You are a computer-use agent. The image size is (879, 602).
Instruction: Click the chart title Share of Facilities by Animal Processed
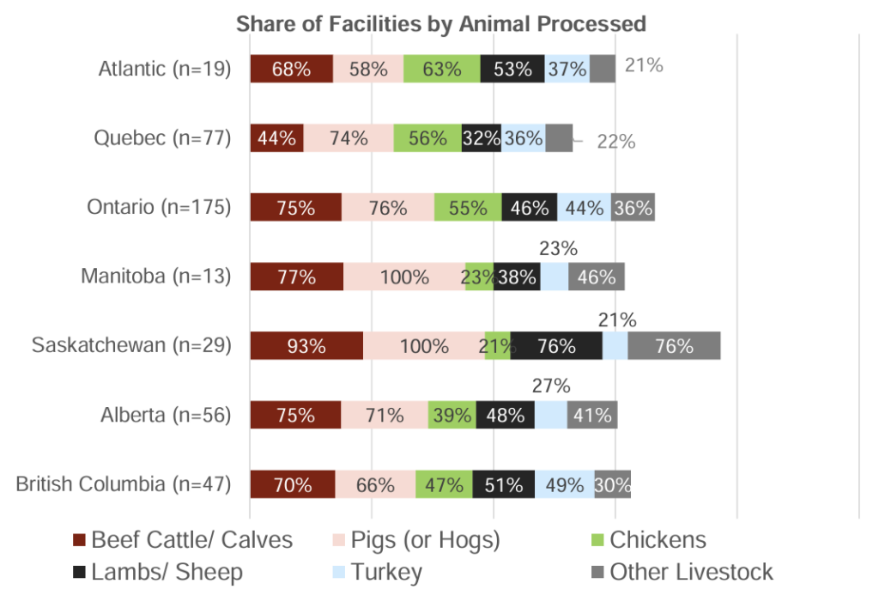click(x=440, y=23)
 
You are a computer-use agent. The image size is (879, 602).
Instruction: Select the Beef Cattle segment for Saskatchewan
click(x=306, y=346)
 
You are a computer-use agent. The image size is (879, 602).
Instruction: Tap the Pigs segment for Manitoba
click(x=404, y=277)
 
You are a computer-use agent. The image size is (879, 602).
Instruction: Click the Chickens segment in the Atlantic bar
click(x=442, y=69)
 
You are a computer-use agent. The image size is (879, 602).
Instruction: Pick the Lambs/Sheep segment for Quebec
click(x=481, y=138)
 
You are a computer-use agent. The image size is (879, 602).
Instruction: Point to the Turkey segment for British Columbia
click(x=564, y=484)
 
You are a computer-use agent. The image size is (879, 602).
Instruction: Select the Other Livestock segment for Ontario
click(x=633, y=208)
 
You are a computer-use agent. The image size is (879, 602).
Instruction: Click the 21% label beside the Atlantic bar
click(x=644, y=64)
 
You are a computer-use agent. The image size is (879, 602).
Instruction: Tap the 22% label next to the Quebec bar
click(x=616, y=143)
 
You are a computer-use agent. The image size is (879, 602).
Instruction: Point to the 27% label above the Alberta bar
click(x=552, y=386)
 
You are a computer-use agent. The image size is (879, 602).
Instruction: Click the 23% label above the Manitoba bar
click(x=558, y=249)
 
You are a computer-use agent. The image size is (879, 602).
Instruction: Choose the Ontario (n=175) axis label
click(x=160, y=207)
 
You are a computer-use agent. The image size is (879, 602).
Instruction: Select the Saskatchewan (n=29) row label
click(x=131, y=345)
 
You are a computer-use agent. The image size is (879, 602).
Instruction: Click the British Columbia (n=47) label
click(x=124, y=484)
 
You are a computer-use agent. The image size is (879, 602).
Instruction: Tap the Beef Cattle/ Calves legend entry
click(x=182, y=540)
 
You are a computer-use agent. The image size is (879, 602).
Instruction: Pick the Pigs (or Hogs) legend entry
click(x=415, y=540)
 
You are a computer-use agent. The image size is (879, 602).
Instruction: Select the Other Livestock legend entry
click(x=682, y=573)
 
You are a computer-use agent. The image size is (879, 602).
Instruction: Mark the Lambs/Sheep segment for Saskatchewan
click(x=556, y=346)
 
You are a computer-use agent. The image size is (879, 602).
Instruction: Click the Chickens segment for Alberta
click(x=452, y=415)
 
